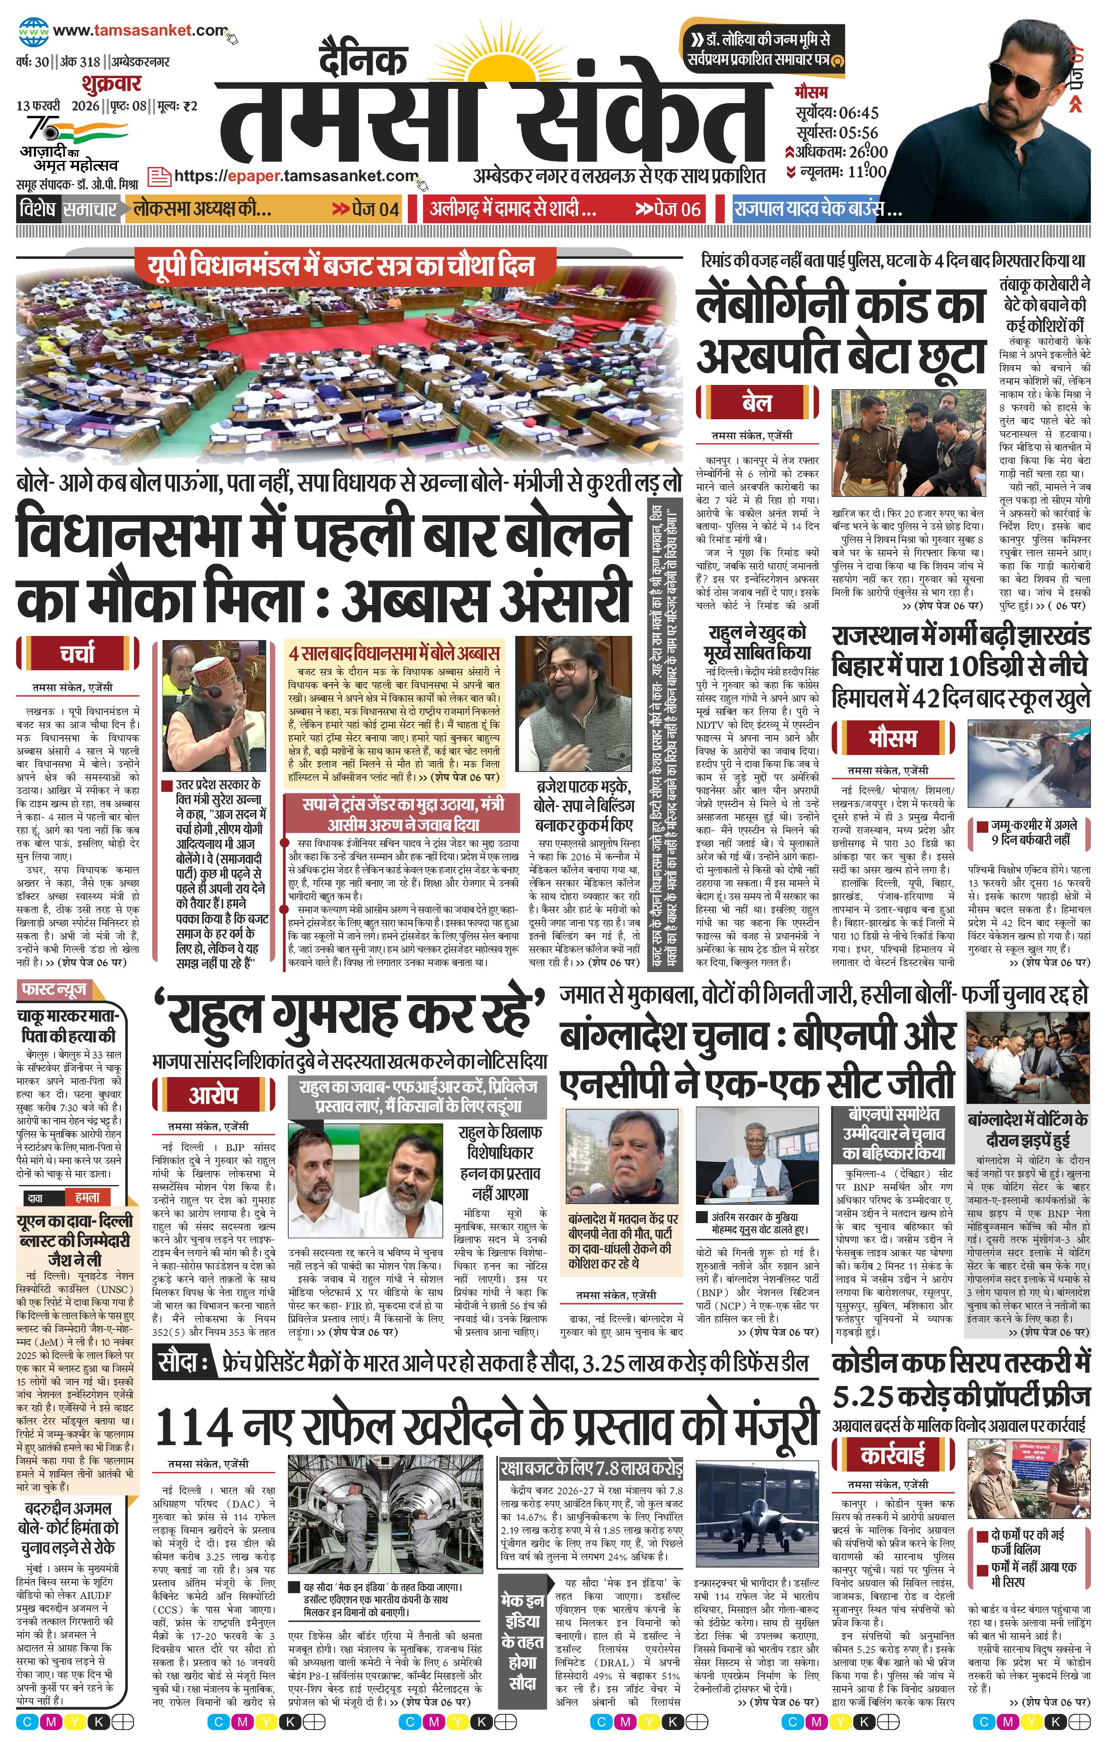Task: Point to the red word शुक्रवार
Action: (x=111, y=83)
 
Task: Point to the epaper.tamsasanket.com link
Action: (x=296, y=176)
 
